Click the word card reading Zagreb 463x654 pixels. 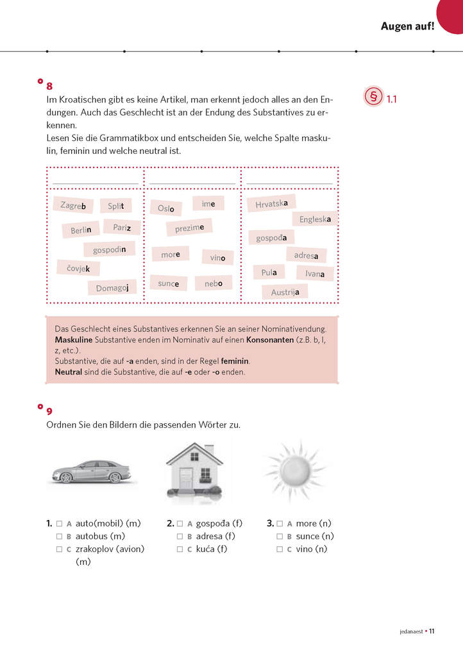[x=73, y=205]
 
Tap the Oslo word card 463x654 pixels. [x=166, y=208]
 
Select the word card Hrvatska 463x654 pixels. [x=271, y=204]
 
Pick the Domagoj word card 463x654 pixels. [x=112, y=288]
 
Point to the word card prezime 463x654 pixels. [x=189, y=228]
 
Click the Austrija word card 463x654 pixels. [x=285, y=292]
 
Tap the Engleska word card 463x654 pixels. [x=315, y=219]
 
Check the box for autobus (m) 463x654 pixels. [x=59, y=536]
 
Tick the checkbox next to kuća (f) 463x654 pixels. [x=180, y=549]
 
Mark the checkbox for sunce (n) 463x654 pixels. [x=280, y=536]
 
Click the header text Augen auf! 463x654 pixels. [x=407, y=26]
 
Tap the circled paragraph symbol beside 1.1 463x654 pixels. [x=373, y=98]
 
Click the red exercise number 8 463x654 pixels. [x=49, y=86]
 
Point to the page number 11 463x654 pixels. [x=432, y=632]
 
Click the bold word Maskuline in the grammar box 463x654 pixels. [x=74, y=339]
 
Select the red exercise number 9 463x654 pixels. [x=49, y=411]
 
